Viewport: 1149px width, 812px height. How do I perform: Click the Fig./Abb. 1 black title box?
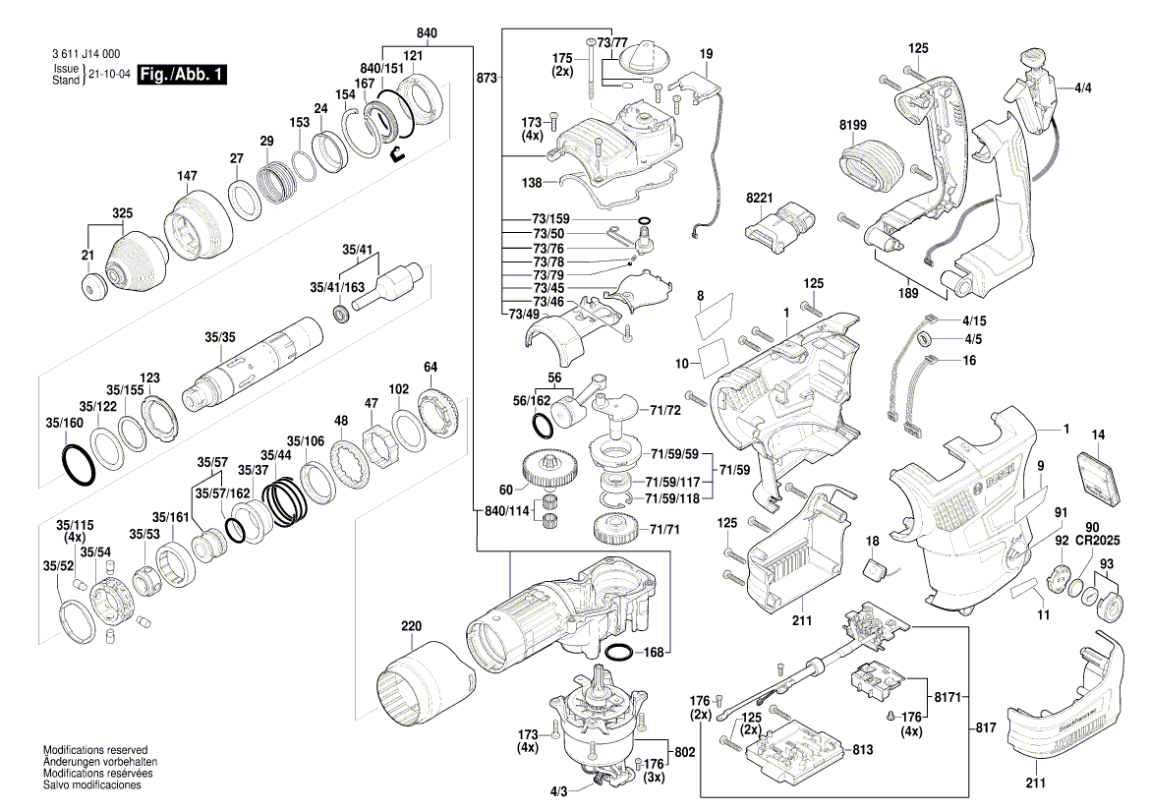182,75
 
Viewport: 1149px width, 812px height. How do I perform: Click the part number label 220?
410,625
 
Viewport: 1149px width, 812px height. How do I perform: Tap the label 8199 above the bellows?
853,125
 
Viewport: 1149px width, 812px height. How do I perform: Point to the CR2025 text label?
1098,542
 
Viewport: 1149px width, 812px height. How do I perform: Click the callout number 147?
187,177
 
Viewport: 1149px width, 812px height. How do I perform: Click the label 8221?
760,198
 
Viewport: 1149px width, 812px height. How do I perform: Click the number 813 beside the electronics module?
862,750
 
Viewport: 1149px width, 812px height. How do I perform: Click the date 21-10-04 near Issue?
109,75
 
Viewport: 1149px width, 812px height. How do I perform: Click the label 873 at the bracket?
485,76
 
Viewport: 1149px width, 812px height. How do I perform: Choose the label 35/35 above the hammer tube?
220,337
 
